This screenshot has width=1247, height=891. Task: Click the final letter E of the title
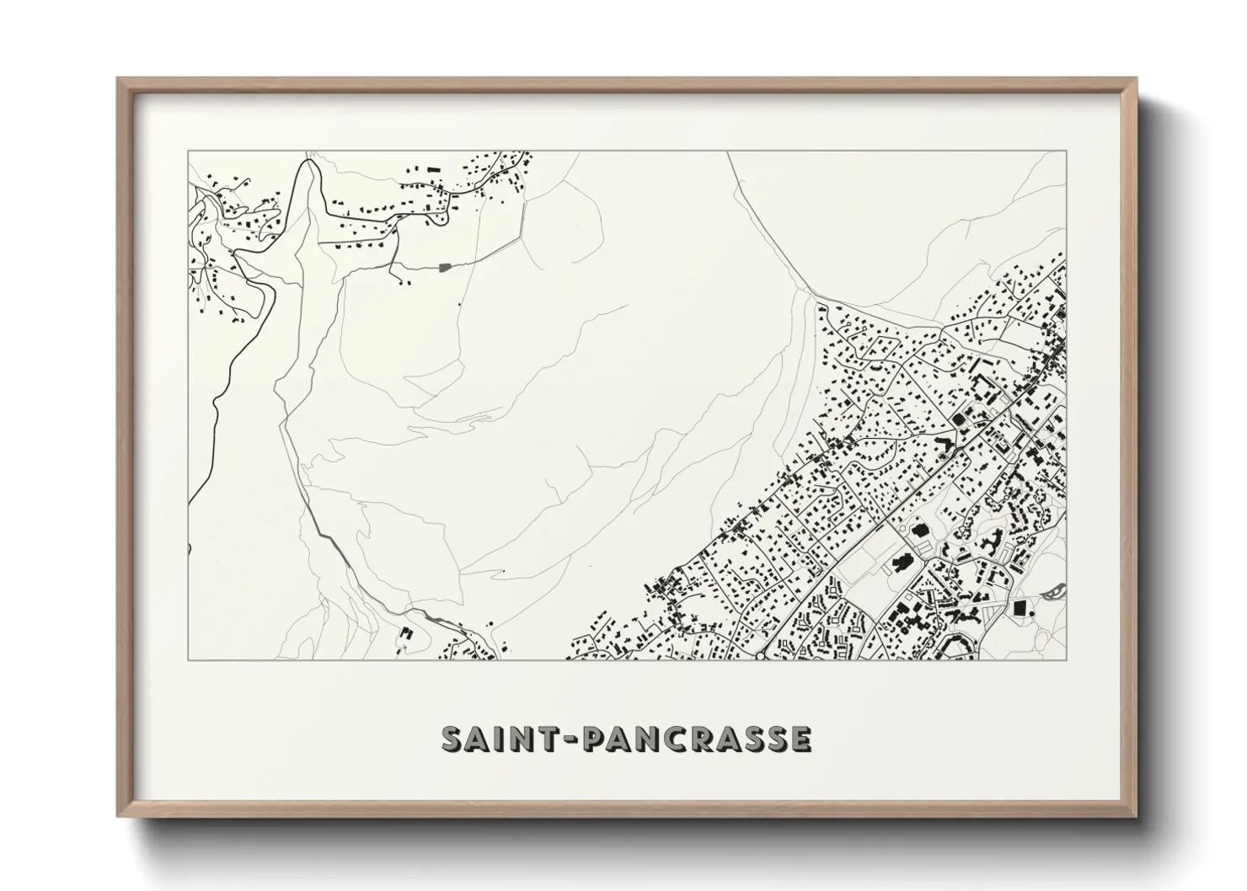800,739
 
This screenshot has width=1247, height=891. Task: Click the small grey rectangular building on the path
444,268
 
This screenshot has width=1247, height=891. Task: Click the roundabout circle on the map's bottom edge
759,655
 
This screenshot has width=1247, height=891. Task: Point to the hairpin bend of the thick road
310,165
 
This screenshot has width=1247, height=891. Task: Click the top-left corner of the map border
188,151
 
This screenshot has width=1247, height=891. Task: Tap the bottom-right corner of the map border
1067,659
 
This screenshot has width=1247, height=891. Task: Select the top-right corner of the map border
1067,151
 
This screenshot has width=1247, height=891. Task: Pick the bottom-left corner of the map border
188,659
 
